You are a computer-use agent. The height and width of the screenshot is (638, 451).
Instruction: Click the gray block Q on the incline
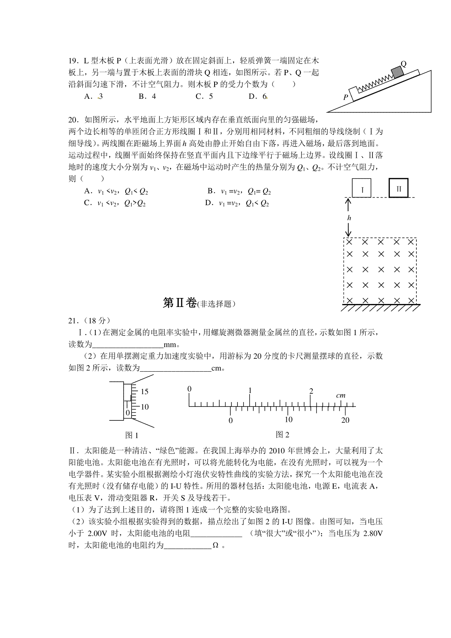coord(396,72)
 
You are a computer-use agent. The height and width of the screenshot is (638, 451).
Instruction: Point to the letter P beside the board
coord(346,97)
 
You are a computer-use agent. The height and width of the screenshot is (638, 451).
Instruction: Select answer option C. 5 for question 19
coord(204,96)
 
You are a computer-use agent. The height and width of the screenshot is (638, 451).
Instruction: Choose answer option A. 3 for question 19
coord(94,96)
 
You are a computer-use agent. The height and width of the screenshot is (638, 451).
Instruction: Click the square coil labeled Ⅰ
coord(362,188)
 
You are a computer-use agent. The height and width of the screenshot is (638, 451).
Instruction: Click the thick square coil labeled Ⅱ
coord(398,187)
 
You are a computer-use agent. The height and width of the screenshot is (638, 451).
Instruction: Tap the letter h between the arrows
coord(349,218)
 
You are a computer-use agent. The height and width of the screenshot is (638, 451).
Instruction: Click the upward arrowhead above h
coord(349,201)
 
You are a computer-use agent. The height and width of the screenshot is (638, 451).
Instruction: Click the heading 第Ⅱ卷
coord(180,303)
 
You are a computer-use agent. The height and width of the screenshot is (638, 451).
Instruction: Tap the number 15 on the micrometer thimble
coord(145,392)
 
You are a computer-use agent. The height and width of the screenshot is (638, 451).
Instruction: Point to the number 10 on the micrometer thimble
coord(145,407)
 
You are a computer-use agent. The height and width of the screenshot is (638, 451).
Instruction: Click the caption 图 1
coord(132,435)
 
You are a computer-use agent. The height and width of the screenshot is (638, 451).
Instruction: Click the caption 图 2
coord(282,435)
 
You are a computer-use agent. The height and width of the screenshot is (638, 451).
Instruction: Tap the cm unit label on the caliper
coord(341,395)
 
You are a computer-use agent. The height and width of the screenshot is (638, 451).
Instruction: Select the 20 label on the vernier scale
coord(345,420)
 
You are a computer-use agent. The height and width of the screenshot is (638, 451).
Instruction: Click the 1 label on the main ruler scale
coord(250,390)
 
